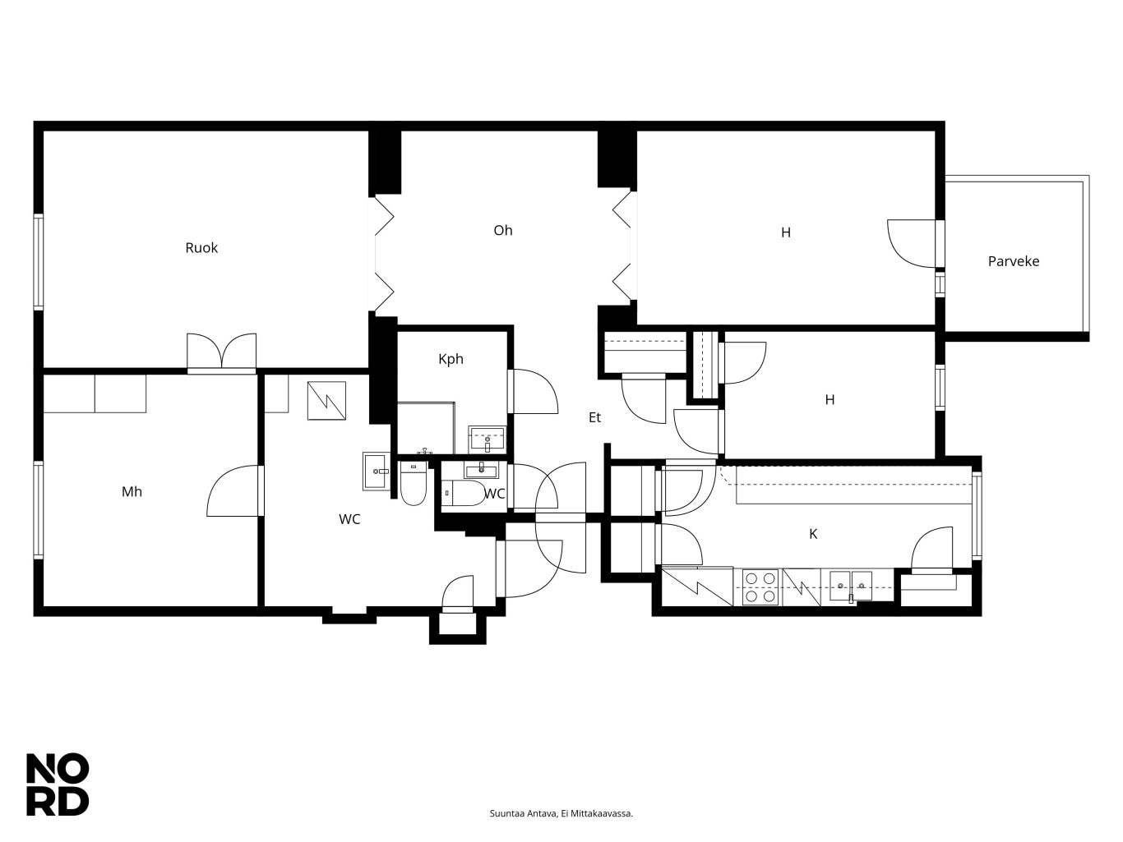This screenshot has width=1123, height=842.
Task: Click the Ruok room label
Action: coord(201,248)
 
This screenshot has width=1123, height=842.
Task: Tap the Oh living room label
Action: coord(502,231)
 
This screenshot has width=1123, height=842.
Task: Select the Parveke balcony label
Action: coord(1013,261)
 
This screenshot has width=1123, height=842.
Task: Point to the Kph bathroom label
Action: coord(451,360)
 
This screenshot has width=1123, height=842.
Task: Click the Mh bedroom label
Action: coord(132,492)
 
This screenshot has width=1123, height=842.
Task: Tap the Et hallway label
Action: coord(594,417)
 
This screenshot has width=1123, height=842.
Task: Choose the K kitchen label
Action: coord(813,534)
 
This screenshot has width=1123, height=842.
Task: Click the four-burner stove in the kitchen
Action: coord(760,587)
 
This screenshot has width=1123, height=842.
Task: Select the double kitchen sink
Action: coord(850,586)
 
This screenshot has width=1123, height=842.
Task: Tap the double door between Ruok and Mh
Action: coord(221,352)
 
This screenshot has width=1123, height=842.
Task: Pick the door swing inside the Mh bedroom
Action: coord(233,490)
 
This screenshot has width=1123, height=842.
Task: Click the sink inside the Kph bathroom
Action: coord(487,439)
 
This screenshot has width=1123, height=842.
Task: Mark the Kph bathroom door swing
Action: coord(534,391)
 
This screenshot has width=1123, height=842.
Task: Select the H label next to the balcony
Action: coord(786,233)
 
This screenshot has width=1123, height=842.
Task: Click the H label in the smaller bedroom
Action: coord(830,400)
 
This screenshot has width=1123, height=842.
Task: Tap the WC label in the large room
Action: coord(349,519)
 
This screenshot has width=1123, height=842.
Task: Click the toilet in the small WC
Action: coord(463,493)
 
